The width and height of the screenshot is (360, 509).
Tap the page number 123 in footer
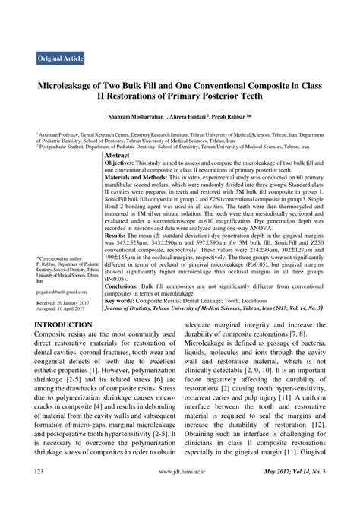(43, 494)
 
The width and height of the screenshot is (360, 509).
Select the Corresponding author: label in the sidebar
(62, 259)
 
